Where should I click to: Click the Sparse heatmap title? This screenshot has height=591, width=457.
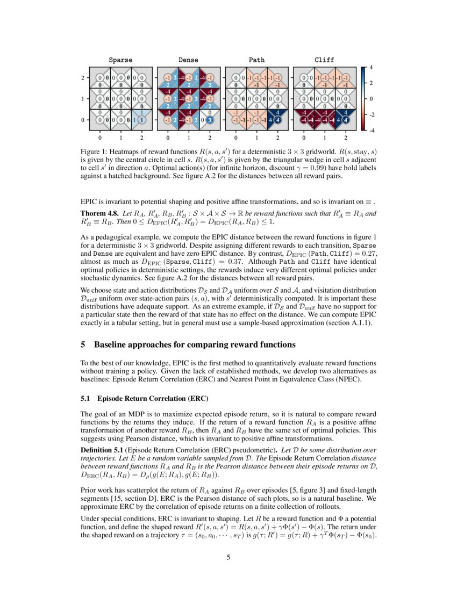tap(120, 60)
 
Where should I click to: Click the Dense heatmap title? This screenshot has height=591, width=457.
tap(188, 60)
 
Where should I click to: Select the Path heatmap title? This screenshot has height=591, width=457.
tap(256, 60)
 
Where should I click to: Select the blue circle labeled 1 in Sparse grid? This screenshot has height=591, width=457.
tap(141, 120)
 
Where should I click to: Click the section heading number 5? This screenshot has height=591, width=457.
tap(83, 344)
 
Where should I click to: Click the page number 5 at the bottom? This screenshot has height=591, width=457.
tap(228, 558)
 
